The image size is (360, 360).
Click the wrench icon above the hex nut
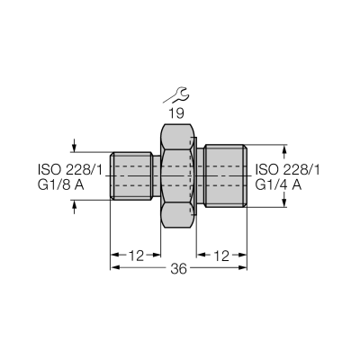click(177, 94)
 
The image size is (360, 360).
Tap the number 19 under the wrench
click(176, 113)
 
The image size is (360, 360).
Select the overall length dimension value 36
click(178, 269)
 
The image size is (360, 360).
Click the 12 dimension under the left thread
click(136, 256)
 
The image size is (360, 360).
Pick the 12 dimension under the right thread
click(221, 256)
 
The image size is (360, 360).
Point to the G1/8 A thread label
click(61, 185)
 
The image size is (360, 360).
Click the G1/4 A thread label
click(278, 185)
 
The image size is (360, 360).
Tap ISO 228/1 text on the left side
click(70, 170)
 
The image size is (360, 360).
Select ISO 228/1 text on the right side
click(287, 170)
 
